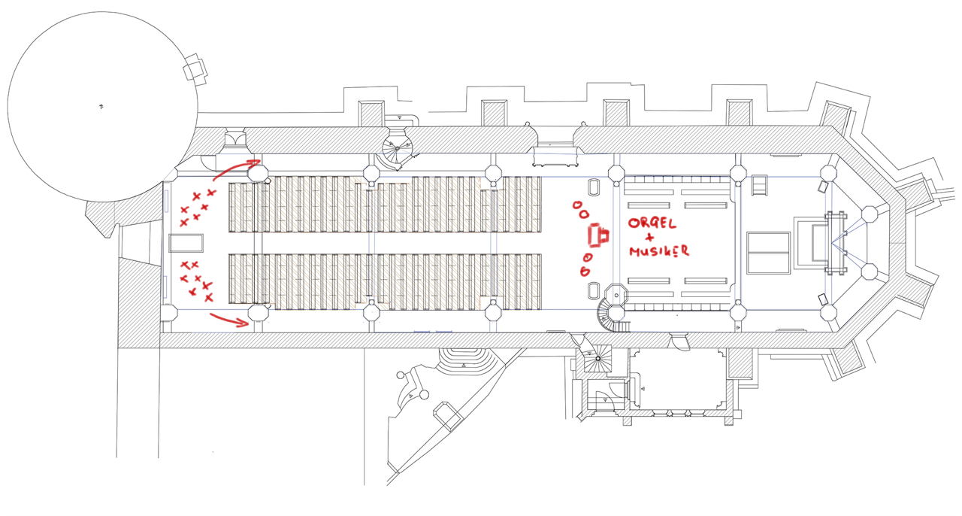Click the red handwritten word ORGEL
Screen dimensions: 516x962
[653, 223]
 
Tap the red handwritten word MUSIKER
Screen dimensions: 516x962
[659, 251]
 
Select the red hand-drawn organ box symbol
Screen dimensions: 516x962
[599, 236]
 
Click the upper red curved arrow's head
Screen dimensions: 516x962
[256, 160]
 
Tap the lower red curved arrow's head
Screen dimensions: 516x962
[247, 324]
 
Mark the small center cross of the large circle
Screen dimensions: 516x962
[101, 107]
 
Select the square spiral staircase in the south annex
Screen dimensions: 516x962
[598, 359]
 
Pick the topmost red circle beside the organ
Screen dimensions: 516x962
[577, 205]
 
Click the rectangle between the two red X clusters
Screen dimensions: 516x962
[186, 243]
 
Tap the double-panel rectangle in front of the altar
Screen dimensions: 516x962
[768, 253]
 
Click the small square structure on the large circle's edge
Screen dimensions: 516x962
[195, 69]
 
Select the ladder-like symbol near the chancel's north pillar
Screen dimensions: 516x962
[760, 185]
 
